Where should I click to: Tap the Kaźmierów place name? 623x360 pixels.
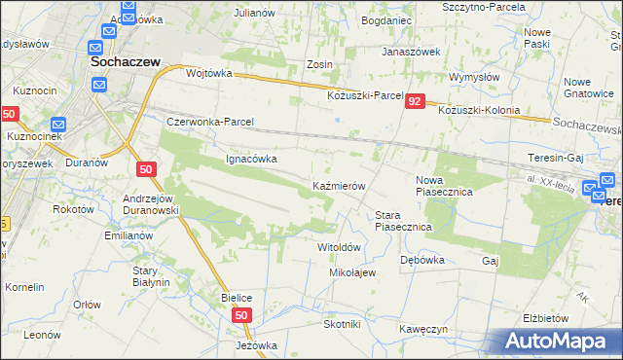338,185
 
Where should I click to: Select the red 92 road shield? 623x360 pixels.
416,101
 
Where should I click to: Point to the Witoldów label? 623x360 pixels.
340,247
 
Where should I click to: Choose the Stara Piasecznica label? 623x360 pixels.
403,221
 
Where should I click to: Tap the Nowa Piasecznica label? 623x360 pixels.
444,193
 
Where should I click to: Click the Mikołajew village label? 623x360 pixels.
352,272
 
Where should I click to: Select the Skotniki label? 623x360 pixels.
342,324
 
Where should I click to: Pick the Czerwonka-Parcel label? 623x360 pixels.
210,123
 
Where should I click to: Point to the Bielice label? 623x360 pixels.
238,297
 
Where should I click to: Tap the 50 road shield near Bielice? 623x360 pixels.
243,314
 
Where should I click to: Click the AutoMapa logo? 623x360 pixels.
556,342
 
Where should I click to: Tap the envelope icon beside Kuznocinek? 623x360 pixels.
57,125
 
